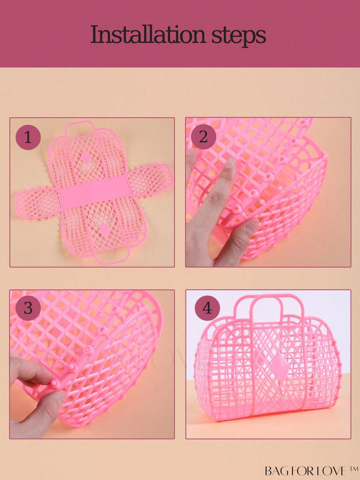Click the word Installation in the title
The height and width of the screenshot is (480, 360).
[148, 35]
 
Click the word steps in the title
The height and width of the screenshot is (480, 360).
[239, 36]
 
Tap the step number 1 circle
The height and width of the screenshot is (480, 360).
[28, 138]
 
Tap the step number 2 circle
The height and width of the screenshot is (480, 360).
[203, 137]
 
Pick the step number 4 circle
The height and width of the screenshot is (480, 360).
[207, 308]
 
